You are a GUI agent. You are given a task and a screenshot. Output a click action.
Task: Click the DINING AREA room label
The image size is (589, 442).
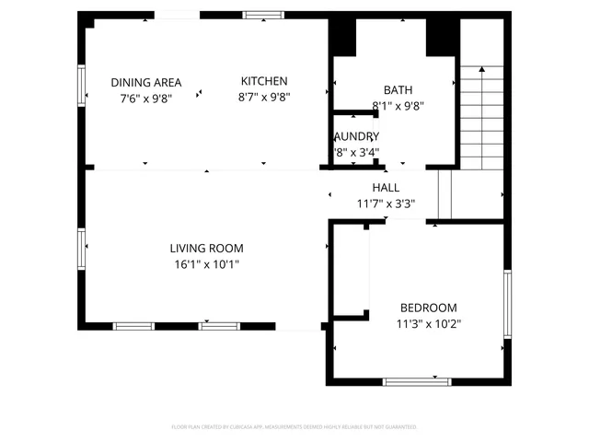(146, 81)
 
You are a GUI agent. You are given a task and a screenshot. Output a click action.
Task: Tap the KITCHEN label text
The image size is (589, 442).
(264, 81)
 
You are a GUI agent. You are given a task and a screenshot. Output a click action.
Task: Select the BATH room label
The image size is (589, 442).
(398, 90)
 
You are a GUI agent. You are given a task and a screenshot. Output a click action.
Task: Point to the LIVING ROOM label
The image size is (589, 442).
(206, 248)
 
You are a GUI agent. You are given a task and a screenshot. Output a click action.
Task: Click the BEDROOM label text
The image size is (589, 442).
(428, 308)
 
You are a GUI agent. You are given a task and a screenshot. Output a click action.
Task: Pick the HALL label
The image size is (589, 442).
(386, 188)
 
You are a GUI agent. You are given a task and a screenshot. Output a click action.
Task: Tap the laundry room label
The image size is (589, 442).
(355, 136)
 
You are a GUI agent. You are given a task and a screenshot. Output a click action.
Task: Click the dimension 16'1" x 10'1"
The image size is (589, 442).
(206, 264)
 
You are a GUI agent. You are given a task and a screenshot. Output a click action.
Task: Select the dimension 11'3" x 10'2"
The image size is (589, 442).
(429, 324)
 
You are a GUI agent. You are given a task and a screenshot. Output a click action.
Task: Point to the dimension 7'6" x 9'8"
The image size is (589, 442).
(146, 97)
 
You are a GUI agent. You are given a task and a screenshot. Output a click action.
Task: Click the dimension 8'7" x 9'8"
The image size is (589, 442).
(264, 97)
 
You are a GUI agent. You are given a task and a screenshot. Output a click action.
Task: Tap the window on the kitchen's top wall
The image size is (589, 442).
(264, 15)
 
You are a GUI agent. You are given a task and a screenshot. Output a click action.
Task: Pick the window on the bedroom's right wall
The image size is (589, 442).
(506, 304)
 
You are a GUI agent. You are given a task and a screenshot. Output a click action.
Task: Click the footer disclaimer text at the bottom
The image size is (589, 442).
(294, 427)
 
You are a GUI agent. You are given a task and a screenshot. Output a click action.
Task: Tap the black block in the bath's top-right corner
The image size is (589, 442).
(442, 37)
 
